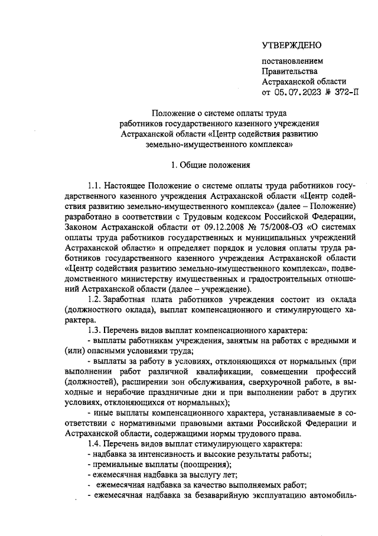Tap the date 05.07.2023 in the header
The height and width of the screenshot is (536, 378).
click(x=298, y=93)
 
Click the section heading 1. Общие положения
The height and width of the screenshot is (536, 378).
click(x=210, y=165)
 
